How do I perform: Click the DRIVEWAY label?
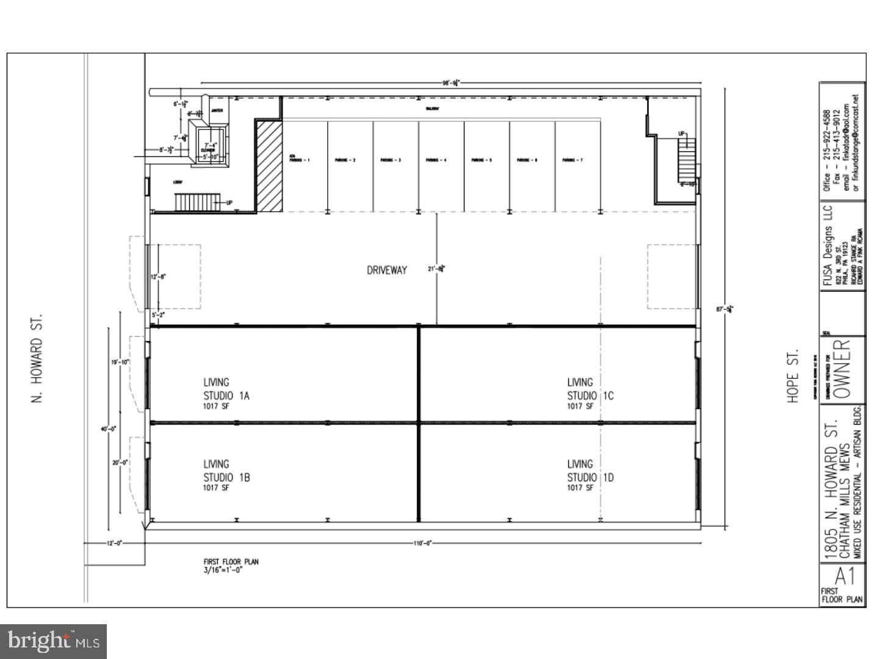coord(386,270)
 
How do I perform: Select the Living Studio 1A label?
coord(226,394)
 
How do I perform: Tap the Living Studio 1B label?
coord(226,475)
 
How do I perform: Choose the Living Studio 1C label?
coord(590,394)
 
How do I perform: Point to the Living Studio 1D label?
coord(590,475)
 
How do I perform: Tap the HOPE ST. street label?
coord(793,376)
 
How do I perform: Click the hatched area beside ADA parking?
coord(269,166)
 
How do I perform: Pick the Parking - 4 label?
coord(436,160)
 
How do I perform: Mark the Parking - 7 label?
coord(572,160)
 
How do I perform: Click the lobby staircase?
coord(197,202)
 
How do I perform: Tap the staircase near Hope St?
coord(687,160)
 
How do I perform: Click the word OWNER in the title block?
coord(842,369)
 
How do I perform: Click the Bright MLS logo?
coord(54,641)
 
